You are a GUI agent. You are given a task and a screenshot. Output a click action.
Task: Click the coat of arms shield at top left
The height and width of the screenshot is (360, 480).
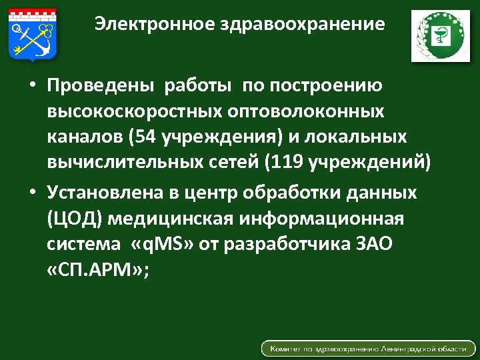(33, 33)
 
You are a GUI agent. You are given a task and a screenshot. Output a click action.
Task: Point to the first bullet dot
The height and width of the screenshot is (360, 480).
(31, 87)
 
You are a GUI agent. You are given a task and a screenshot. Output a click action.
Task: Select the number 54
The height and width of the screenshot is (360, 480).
(144, 137)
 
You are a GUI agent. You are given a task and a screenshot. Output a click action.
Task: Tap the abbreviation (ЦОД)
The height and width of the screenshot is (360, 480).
(75, 219)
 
